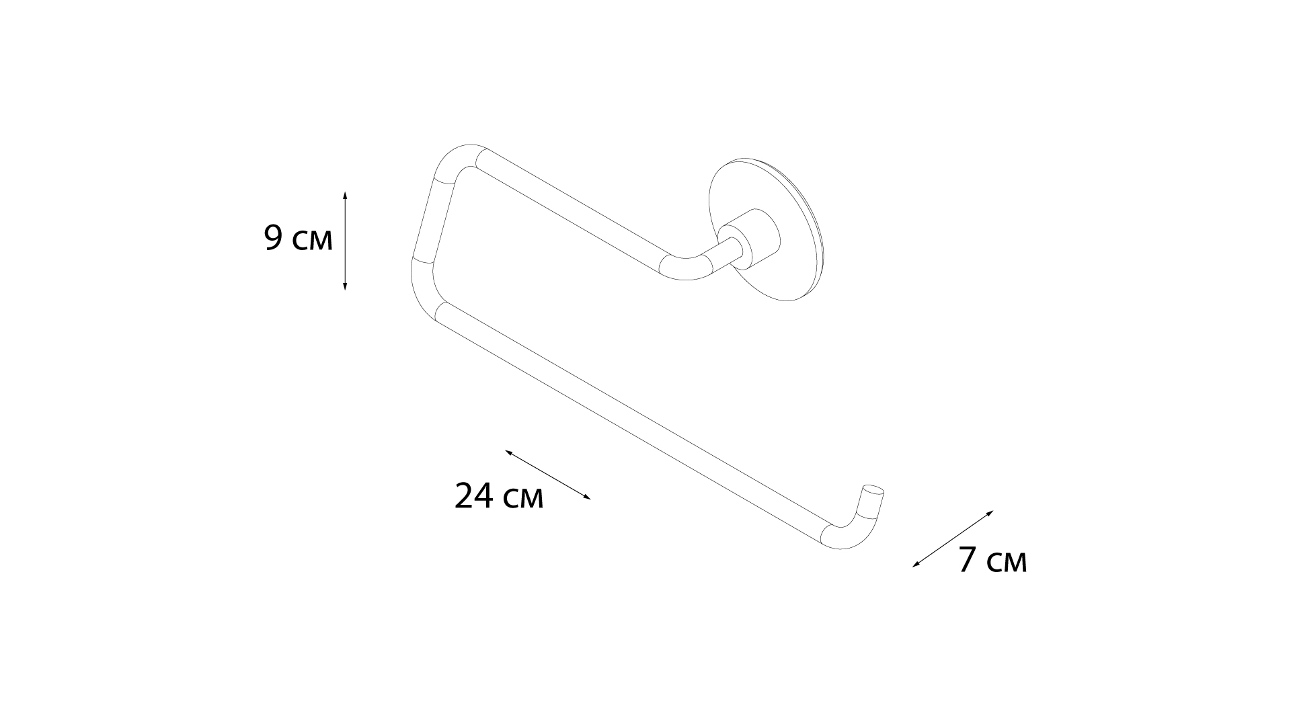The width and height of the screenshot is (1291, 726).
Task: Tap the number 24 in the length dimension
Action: [474, 496]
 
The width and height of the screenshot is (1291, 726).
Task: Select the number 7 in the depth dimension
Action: [968, 560]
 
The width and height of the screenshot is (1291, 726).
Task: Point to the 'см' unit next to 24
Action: [522, 499]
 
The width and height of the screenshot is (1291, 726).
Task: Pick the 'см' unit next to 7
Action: [1007, 563]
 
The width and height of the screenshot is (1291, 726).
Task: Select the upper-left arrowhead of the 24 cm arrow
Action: [508, 452]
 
